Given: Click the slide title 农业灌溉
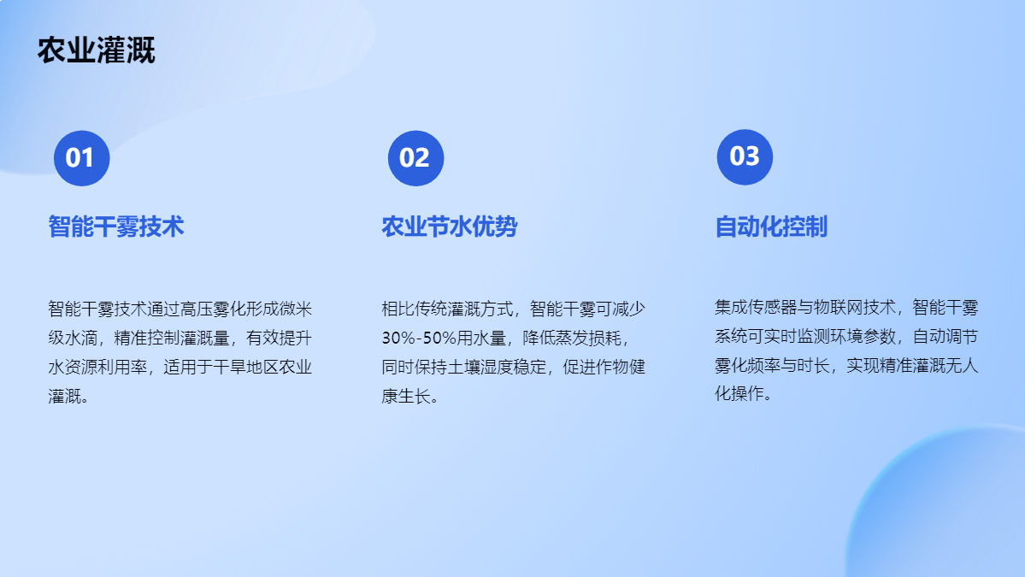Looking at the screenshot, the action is (x=96, y=50).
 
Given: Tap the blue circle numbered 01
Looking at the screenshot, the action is (x=82, y=158).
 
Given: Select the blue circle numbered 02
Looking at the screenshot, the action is (x=415, y=158).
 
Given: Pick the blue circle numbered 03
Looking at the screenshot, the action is (x=745, y=156).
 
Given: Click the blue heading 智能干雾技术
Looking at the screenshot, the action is (x=115, y=227).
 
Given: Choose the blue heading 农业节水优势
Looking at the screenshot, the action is (x=450, y=227).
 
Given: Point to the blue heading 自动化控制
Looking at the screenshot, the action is (x=771, y=227).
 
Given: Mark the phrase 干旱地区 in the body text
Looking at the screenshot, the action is (x=246, y=367).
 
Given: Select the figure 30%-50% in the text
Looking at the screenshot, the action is (x=419, y=338).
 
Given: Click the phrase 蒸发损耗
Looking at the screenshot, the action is (x=588, y=338).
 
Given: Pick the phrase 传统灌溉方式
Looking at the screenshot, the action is (x=464, y=309).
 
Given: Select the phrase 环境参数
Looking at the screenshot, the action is (x=863, y=337).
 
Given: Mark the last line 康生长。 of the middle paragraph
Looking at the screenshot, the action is (x=410, y=396).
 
